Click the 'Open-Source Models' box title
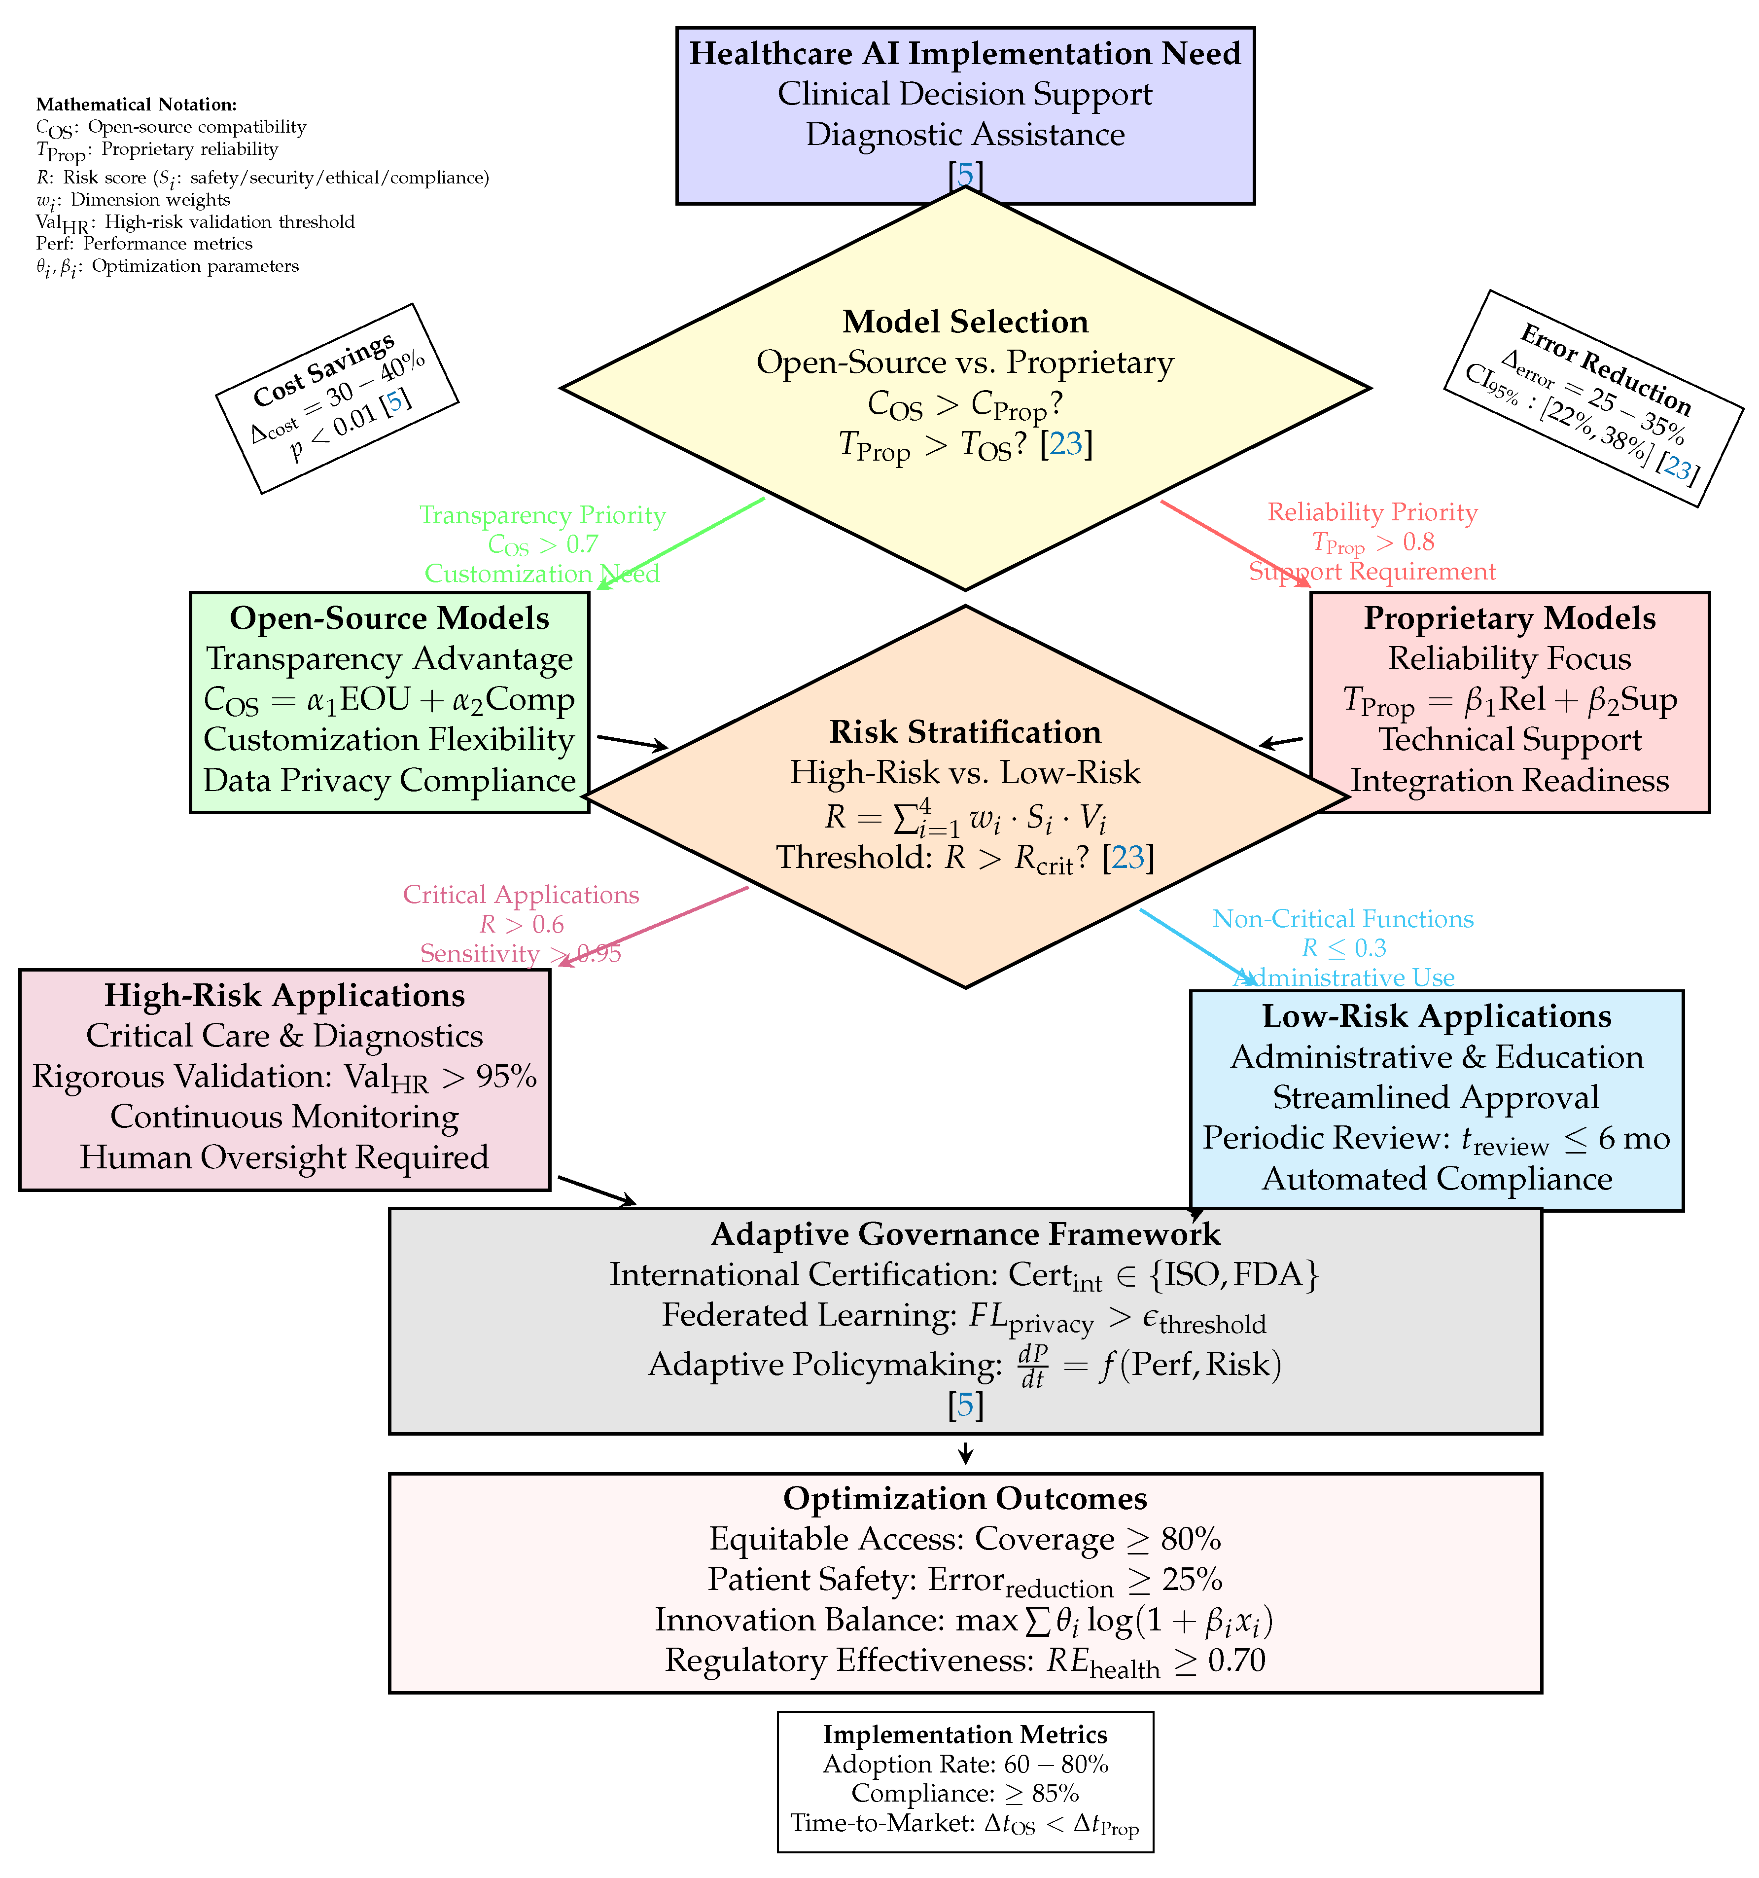click(x=389, y=619)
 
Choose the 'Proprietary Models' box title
click(x=1509, y=619)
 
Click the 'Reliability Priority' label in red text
click(x=1372, y=512)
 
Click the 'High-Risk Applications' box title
click(x=284, y=996)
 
